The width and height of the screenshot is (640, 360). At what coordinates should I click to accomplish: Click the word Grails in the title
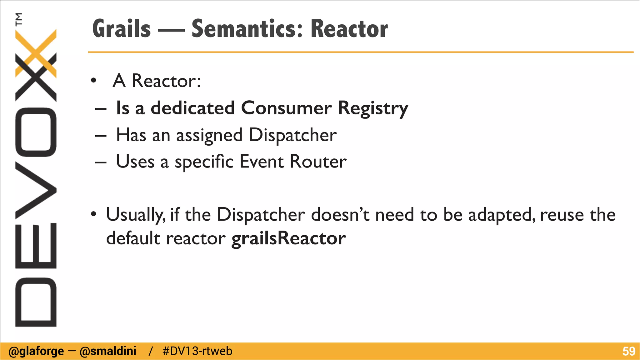(x=122, y=29)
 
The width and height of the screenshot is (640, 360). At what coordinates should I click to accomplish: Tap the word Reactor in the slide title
(x=349, y=29)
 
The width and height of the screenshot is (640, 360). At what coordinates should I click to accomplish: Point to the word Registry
(x=373, y=108)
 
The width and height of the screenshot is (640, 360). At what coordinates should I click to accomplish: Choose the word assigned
(x=209, y=136)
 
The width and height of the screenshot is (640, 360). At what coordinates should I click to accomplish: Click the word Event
(x=261, y=162)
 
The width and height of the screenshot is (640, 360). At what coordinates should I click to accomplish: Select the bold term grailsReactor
(x=288, y=239)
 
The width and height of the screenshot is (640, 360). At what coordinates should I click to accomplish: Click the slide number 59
(x=628, y=351)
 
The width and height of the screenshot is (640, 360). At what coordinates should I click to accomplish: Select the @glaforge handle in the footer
(x=36, y=351)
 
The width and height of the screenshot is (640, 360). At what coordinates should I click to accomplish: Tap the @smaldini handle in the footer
(x=108, y=351)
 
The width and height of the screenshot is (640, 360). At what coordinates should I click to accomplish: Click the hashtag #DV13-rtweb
(x=197, y=351)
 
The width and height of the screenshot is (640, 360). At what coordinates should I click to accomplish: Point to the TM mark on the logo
(x=19, y=19)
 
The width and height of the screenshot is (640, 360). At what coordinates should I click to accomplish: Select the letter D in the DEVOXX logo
(x=36, y=302)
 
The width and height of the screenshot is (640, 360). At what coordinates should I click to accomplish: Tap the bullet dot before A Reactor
(x=93, y=81)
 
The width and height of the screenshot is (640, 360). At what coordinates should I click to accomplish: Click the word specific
(x=204, y=162)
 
